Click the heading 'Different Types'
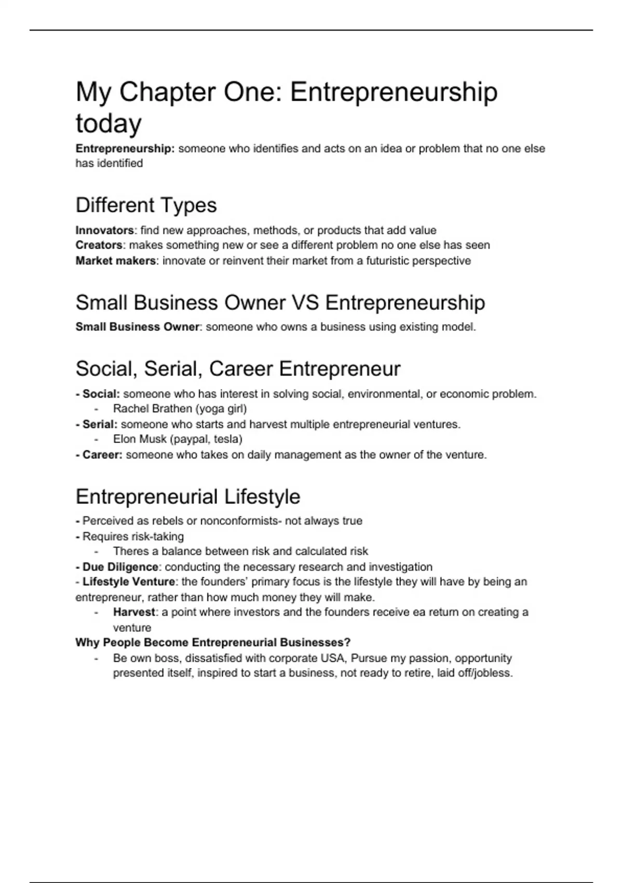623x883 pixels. coord(146,205)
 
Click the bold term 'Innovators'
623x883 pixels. coord(104,230)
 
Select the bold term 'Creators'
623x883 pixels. coord(99,245)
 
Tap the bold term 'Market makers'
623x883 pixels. coord(115,261)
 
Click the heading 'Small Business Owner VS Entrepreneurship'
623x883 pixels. coord(280,303)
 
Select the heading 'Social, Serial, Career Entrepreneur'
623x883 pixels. coord(238,369)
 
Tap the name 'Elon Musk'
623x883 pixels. coord(140,439)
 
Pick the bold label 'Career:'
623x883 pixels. coord(102,455)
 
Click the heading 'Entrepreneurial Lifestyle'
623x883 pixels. coord(187,497)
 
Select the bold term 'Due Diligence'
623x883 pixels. coord(120,567)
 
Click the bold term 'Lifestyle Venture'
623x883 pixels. coord(128,582)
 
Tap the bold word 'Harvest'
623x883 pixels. coord(134,612)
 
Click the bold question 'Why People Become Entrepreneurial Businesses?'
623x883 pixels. coord(213,643)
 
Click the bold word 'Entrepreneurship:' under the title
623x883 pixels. coord(125,149)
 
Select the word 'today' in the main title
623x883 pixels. coord(109,124)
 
